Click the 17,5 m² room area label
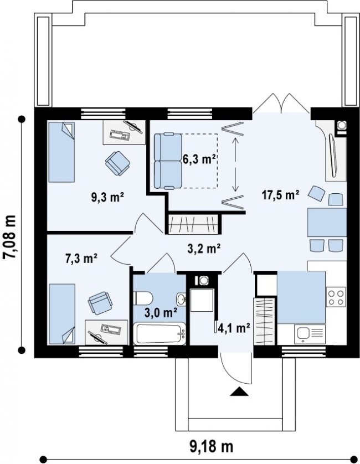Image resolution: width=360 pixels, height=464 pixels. point(280,195)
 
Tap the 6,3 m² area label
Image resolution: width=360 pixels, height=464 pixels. point(199,159)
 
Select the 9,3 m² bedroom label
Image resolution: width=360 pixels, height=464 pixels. point(107,197)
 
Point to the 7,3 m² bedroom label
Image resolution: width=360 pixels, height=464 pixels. point(81,259)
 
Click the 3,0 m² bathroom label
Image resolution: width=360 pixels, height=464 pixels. point(161,312)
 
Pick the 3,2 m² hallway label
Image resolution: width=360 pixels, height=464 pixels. point(204,249)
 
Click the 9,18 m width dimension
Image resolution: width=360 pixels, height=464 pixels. point(211,446)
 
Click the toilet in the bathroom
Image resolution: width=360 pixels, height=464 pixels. point(143,298)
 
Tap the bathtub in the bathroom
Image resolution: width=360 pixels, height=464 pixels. point(160,334)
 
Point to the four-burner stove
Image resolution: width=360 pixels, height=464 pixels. point(336,297)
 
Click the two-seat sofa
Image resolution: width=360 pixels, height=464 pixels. point(168,161)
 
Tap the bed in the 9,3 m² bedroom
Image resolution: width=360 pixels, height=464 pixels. point(61,152)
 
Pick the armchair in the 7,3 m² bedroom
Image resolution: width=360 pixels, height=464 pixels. point(100,302)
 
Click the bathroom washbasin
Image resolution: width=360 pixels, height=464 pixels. point(181,299)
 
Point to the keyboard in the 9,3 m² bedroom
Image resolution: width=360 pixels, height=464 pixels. point(120,135)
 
